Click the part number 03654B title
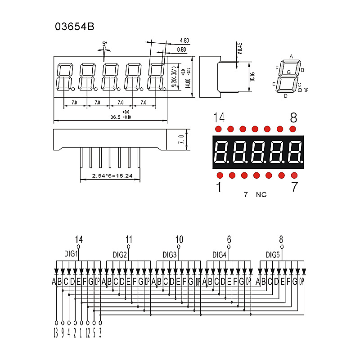coord(75,27)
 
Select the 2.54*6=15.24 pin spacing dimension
coord(112,175)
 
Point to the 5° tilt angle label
coord(105,44)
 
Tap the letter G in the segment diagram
coord(288,72)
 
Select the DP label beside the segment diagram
coord(306,90)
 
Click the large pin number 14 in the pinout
coord(219,118)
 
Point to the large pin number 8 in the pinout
coord(293,118)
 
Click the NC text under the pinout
coord(261,195)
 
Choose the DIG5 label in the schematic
coord(273,255)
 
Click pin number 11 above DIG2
coord(129,239)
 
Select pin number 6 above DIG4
coord(229,239)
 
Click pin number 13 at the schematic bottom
coord(55,333)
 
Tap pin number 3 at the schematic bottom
coord(100,333)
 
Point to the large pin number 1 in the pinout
coord(219,187)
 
